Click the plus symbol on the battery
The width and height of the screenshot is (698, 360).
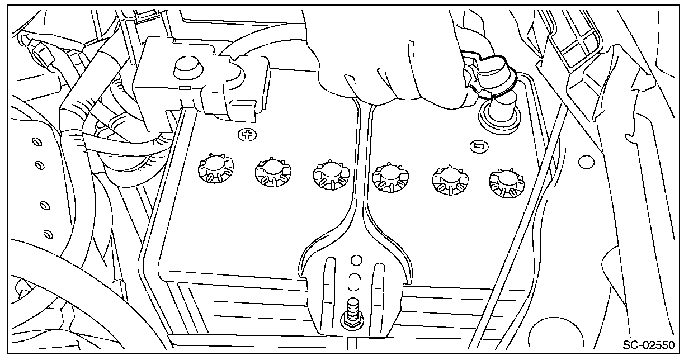[244, 134]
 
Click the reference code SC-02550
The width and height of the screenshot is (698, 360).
[648, 345]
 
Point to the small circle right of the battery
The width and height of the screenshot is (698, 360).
[586, 162]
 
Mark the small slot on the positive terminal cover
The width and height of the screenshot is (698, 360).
[185, 88]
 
